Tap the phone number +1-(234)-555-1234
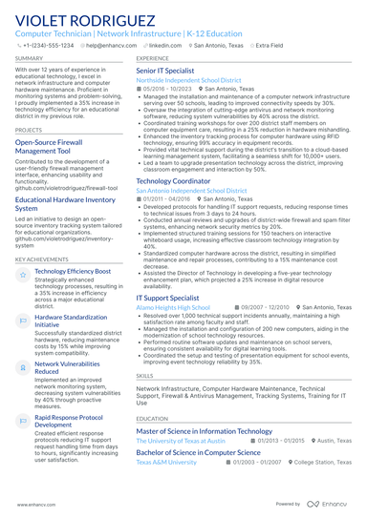tap(47, 45)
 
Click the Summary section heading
tap(29, 58)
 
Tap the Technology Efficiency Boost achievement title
tap(73, 271)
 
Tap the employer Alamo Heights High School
tap(173, 308)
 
